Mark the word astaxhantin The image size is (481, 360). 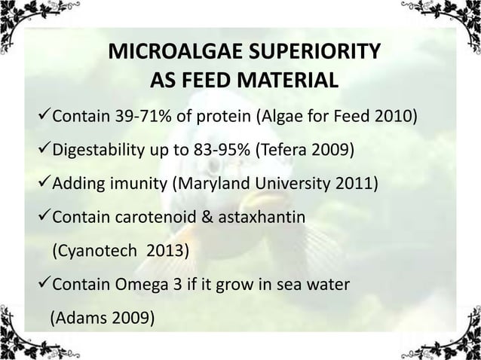(259, 217)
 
